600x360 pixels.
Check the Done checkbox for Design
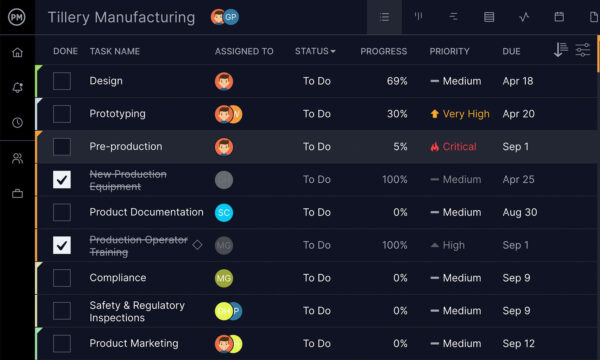62,81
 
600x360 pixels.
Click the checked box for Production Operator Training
62,245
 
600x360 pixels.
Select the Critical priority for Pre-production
453,147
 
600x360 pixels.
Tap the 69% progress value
396,81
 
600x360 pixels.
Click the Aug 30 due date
519,212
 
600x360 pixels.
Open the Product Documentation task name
146,212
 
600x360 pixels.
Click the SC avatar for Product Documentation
224,212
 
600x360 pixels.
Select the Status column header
315,51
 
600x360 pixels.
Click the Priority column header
449,51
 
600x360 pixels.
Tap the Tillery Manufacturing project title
121,17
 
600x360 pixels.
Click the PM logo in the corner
17,17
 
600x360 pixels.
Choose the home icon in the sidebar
17,52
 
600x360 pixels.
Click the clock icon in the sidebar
17,122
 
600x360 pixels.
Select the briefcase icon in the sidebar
17,193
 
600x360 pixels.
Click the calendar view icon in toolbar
559,17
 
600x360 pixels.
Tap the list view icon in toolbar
383,17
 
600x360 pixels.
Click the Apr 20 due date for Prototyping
518,114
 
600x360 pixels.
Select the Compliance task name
117,278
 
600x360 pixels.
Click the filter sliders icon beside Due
582,50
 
